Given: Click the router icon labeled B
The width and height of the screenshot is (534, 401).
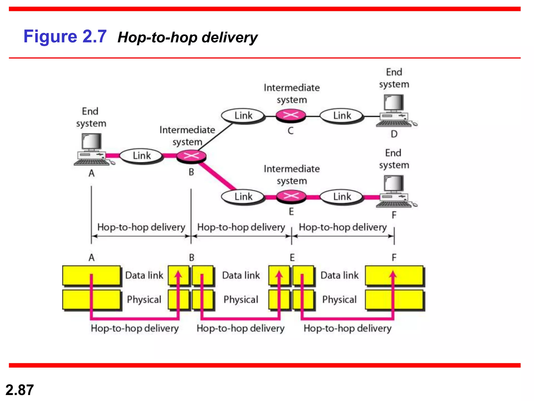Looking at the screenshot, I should coord(191,156).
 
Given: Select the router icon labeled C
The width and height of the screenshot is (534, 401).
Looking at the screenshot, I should coord(291,115).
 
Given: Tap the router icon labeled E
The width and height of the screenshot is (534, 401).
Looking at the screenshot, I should coord(291,196).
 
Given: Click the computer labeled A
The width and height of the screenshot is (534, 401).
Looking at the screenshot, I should coord(93,150).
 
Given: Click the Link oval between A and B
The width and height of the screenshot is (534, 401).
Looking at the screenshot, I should coord(142,156).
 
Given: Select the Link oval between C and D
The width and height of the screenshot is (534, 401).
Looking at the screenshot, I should coord(342,116).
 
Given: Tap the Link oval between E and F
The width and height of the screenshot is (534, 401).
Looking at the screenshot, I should coord(342,197).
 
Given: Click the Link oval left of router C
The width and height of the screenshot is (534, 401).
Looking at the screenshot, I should coord(243,116).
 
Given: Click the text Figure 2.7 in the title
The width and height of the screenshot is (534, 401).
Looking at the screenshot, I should coord(65,36).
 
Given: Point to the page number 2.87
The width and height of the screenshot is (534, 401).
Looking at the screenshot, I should coord(20,390).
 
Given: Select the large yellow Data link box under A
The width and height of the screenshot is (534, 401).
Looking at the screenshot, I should coord(92,275).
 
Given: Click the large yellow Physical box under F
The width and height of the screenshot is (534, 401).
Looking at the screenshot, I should coord(394,300).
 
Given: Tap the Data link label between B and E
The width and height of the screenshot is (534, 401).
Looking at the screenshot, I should coord(241,275).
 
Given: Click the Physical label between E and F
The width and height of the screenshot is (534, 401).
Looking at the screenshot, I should coord(339,299).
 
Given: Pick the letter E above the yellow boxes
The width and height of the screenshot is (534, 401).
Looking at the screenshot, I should coord(292,258).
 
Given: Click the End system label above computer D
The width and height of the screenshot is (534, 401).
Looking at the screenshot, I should coord(394,78).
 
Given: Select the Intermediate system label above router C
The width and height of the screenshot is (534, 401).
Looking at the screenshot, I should coord(292,93).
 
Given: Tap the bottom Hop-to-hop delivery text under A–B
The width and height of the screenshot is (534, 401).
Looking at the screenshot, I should coord(135,328).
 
